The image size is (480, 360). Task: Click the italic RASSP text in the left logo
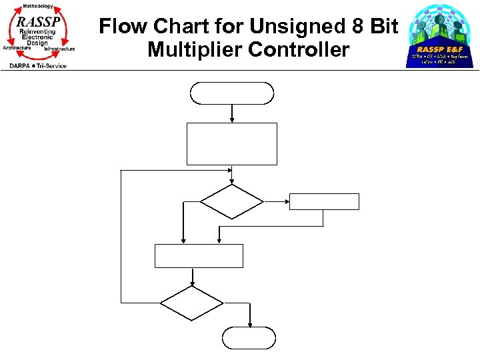point(39,21)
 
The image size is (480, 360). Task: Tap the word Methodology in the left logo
point(37,6)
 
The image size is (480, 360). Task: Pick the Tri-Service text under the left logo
point(52,65)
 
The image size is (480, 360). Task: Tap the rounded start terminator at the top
point(232,93)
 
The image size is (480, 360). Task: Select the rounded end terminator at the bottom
point(249,338)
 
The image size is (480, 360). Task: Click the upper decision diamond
point(232,201)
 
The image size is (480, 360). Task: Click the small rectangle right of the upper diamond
point(324,201)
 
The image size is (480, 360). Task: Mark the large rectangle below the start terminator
point(232,143)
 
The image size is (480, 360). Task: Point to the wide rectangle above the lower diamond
point(199,256)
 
